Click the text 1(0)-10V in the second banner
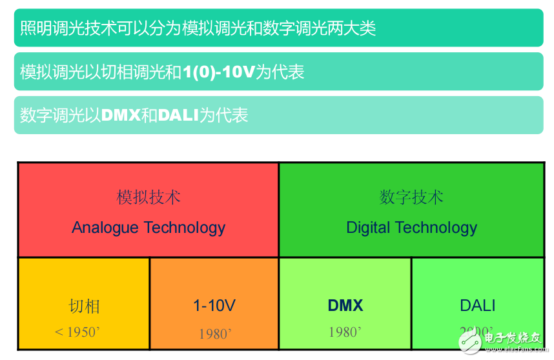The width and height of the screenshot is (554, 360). pyautogui.click(x=219, y=72)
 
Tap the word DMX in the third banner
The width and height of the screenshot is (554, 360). pyautogui.click(x=121, y=115)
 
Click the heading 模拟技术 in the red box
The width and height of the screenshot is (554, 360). pyautogui.click(x=149, y=197)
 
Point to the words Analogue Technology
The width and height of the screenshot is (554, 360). pyautogui.click(x=149, y=228)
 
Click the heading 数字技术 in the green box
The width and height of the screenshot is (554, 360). pyautogui.click(x=411, y=197)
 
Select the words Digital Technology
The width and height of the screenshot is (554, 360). pyautogui.click(x=411, y=228)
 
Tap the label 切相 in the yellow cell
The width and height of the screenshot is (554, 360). pyautogui.click(x=85, y=306)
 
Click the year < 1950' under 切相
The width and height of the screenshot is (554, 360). pyautogui.click(x=77, y=332)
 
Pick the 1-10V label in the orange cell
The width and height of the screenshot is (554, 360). pyautogui.click(x=214, y=305)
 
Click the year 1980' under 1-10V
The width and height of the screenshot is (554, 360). pyautogui.click(x=215, y=334)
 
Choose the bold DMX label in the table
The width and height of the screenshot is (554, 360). pyautogui.click(x=345, y=305)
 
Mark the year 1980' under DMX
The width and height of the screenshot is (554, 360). pyautogui.click(x=345, y=332)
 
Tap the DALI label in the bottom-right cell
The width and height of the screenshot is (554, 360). pyautogui.click(x=478, y=305)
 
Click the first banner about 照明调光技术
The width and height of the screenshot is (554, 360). pyautogui.click(x=278, y=28)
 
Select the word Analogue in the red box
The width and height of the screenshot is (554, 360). pyautogui.click(x=105, y=228)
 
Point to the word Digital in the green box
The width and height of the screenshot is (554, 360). pyautogui.click(x=368, y=228)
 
